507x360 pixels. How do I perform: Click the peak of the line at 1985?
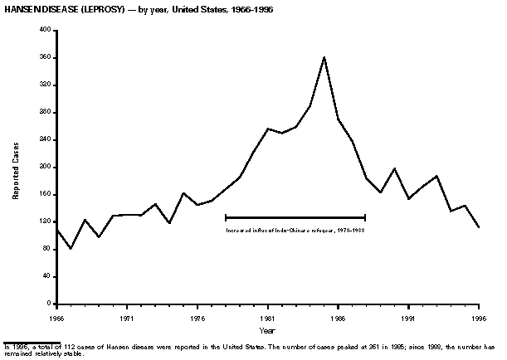click(x=324, y=56)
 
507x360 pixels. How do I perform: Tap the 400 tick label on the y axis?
click(x=46, y=30)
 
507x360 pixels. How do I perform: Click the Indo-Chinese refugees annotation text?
click(x=295, y=229)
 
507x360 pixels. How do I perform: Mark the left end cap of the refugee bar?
click(x=225, y=217)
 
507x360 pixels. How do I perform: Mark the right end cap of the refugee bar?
click(x=366, y=217)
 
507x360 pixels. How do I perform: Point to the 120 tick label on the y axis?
click(x=46, y=222)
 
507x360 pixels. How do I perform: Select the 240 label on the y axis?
click(x=46, y=139)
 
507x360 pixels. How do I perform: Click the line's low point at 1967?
click(x=71, y=248)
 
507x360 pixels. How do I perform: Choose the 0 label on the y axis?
click(x=50, y=304)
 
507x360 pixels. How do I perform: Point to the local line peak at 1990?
click(x=394, y=168)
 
